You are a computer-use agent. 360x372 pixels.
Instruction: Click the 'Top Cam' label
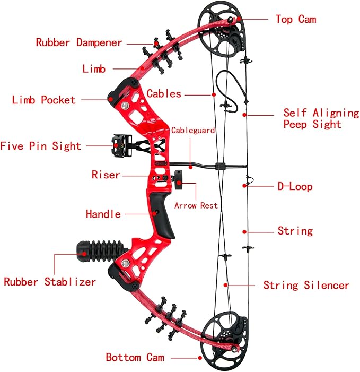coord(295,20)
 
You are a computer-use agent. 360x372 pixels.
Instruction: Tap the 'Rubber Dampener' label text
coord(79,43)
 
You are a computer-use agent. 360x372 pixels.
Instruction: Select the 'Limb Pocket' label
coord(44,100)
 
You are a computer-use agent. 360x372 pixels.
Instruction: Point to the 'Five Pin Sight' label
coord(41,146)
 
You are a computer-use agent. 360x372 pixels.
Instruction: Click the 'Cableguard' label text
coord(193,130)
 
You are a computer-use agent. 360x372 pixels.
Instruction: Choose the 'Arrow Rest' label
coord(196,205)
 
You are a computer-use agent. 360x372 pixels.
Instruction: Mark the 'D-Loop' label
coord(295,186)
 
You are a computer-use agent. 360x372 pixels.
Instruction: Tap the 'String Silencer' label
coord(306,286)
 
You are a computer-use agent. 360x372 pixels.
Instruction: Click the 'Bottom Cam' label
coord(135,357)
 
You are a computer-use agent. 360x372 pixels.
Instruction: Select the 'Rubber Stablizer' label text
coord(50,282)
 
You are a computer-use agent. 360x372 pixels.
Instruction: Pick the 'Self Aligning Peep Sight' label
coord(321,118)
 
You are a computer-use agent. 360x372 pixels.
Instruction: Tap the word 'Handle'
coord(103,214)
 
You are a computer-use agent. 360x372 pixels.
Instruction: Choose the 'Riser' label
coord(106,175)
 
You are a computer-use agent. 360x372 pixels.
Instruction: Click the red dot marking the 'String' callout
coord(244,231)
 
